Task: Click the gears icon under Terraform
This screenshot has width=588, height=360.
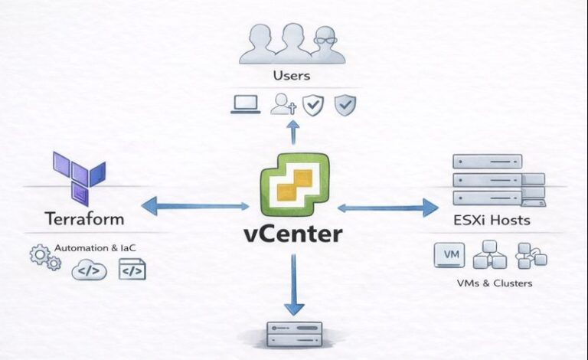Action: [45, 257]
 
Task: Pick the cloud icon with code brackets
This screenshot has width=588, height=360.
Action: [89, 270]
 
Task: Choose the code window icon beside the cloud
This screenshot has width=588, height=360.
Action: [132, 269]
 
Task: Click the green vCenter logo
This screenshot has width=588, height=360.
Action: [295, 185]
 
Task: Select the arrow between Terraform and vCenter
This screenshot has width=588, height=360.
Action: [195, 205]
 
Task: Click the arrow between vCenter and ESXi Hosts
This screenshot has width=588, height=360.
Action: [388, 207]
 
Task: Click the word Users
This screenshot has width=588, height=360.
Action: [291, 75]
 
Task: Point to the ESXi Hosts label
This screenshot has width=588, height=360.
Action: [492, 221]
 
